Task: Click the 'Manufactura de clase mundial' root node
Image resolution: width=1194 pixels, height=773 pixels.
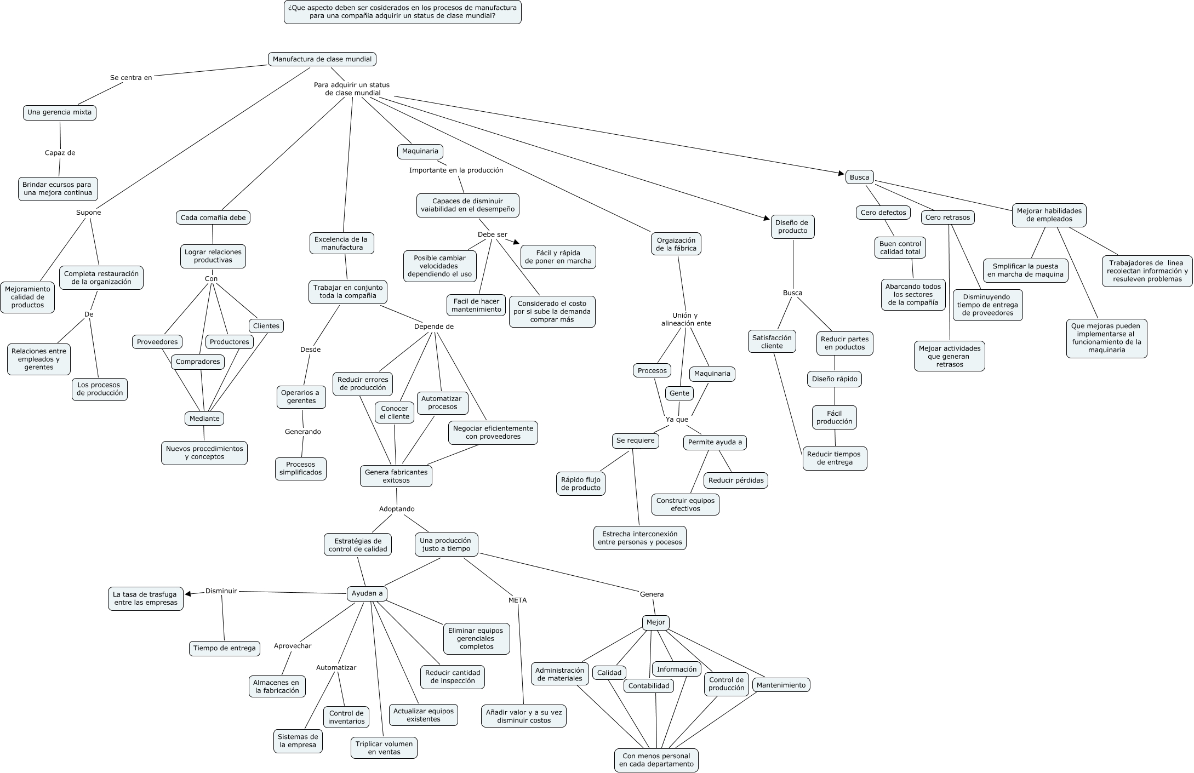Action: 322,59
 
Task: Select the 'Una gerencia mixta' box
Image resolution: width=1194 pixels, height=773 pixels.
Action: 60,113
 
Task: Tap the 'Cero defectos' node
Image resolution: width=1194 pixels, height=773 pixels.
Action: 883,213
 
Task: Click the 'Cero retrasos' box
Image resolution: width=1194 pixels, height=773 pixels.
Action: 947,217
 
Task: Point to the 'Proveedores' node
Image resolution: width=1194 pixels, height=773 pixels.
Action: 157,342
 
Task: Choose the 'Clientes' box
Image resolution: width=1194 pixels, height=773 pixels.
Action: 266,326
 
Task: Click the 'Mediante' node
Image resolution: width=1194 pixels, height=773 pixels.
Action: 204,419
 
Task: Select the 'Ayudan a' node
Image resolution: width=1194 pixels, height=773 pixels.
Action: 367,593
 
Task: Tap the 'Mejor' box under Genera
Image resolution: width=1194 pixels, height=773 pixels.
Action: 655,622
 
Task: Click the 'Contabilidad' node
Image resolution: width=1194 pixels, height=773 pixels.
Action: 649,686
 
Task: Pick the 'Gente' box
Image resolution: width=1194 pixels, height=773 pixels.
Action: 679,393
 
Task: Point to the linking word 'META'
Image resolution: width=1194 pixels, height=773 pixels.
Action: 517,600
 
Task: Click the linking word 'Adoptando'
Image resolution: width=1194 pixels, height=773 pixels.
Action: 397,509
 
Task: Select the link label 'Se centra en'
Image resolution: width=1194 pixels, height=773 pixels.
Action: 131,78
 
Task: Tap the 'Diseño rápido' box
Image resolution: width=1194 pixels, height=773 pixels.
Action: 835,379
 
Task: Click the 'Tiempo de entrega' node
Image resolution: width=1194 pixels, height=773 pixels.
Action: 224,648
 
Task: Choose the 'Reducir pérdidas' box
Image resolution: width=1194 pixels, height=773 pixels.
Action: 736,480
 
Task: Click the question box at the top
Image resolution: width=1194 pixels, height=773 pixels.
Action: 403,12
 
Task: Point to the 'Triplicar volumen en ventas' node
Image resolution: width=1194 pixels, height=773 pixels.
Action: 384,748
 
